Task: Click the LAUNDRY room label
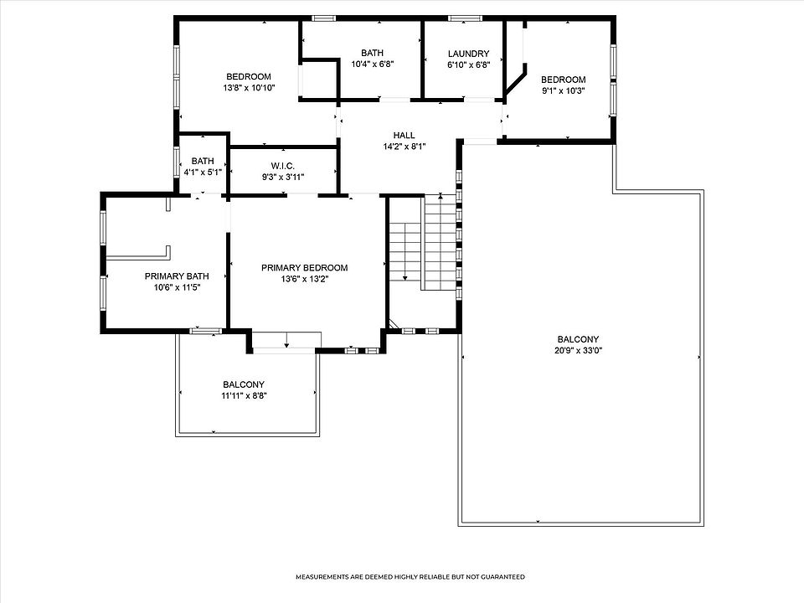(468, 54)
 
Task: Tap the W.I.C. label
(282, 166)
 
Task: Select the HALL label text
(404, 136)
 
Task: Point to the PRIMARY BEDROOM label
(305, 268)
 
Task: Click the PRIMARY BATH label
(177, 276)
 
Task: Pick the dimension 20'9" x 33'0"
(578, 351)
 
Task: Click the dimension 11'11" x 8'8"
(244, 396)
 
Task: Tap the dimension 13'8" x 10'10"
(249, 88)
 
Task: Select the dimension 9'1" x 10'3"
(563, 90)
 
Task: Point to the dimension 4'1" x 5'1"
(203, 173)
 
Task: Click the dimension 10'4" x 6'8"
(372, 64)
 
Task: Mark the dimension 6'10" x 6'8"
(468, 65)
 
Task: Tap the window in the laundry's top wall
(465, 18)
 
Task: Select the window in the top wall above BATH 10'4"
(323, 18)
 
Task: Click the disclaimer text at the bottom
(410, 577)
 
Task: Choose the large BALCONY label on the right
(578, 339)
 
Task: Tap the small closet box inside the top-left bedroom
(318, 79)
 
